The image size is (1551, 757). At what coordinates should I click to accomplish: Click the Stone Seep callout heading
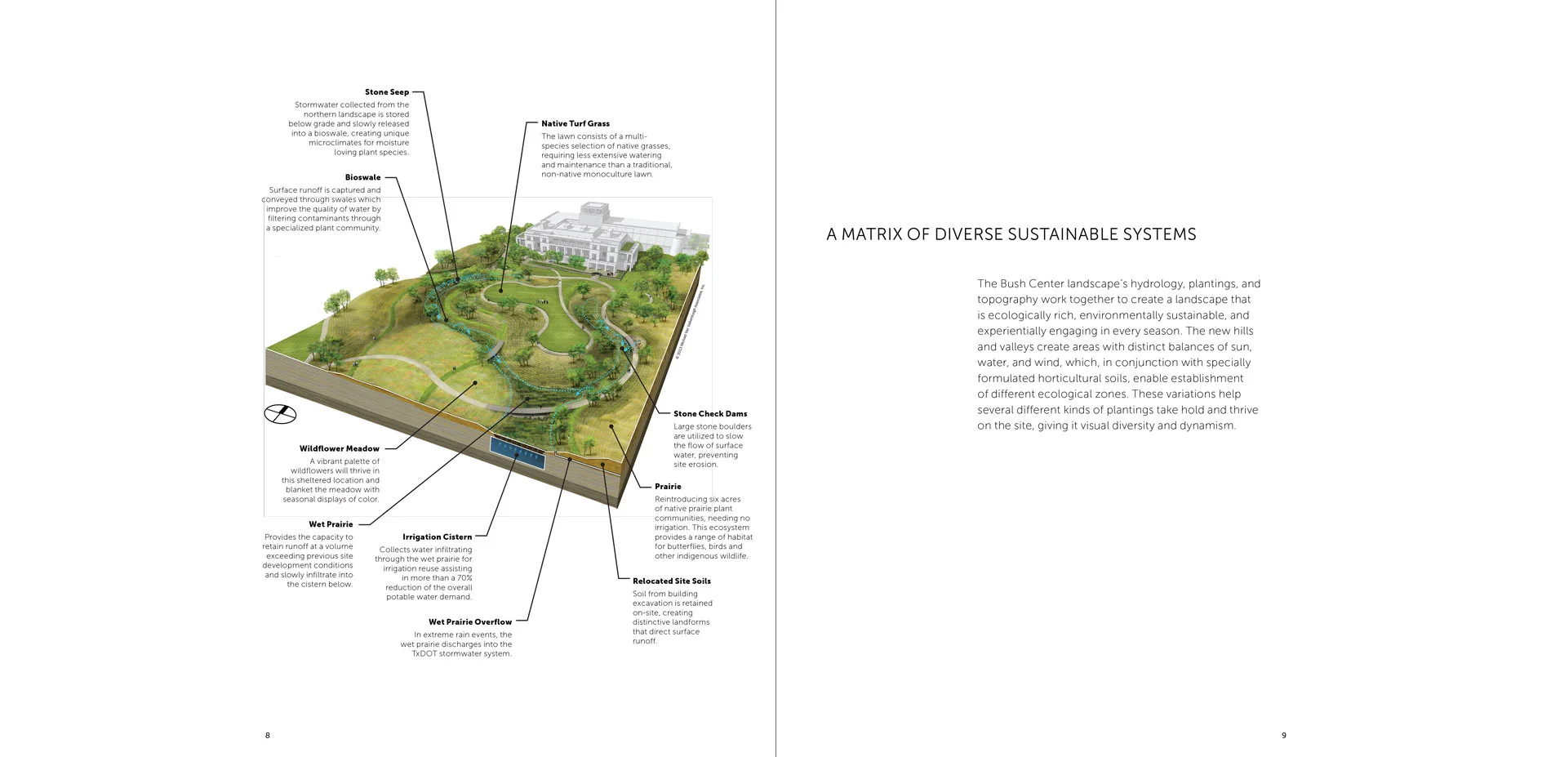click(386, 92)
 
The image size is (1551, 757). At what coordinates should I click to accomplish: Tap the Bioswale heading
click(362, 177)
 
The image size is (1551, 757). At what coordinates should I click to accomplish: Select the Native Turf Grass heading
click(575, 124)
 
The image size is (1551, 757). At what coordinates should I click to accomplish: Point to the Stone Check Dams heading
click(709, 414)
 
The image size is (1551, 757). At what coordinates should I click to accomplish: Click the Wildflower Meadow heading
click(339, 448)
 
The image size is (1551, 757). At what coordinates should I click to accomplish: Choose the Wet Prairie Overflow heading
click(470, 622)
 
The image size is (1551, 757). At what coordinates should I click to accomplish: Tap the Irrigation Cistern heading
click(437, 537)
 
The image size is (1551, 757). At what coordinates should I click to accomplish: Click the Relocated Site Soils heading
click(671, 581)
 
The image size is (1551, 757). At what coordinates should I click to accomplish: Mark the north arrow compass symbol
click(280, 414)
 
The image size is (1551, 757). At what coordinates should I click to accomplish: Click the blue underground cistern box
click(517, 452)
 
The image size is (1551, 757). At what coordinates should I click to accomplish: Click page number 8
click(268, 736)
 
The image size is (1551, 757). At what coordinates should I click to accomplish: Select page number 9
click(1283, 736)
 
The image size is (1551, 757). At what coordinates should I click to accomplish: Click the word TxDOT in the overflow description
click(424, 654)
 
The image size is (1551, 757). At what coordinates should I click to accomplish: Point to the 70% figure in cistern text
click(464, 578)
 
